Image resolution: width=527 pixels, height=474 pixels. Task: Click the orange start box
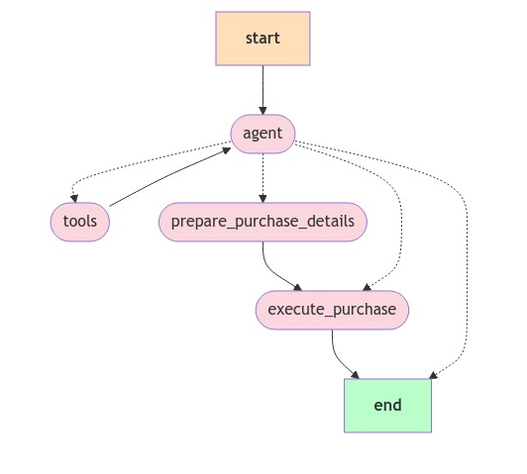pos(263,39)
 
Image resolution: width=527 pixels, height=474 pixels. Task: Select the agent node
pos(263,134)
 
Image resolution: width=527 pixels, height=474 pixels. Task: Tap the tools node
pos(80,222)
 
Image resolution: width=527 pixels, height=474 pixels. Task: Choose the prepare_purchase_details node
pos(263,222)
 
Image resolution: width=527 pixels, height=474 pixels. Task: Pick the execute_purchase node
pos(333,310)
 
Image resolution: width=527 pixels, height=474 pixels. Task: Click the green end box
pos(388,406)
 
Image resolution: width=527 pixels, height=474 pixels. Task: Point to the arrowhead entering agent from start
pos(263,111)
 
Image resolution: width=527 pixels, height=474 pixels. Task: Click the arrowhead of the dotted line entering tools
pos(74,199)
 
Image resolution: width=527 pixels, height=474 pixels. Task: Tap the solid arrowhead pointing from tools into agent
pos(227,150)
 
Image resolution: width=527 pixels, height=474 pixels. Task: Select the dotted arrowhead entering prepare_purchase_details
pos(263,199)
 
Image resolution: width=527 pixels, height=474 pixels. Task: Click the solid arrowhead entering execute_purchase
pos(298,288)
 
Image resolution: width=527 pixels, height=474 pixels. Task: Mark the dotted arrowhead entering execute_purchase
pos(367,287)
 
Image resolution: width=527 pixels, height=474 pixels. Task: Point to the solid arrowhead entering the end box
pos(356,375)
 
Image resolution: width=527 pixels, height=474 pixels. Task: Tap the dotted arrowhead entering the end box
pos(433,375)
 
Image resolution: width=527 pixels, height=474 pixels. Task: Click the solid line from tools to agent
pos(169,178)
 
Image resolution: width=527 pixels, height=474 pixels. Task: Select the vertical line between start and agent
pos(263,90)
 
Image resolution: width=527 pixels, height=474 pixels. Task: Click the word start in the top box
pos(263,39)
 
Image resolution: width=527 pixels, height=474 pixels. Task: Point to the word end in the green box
pos(388,406)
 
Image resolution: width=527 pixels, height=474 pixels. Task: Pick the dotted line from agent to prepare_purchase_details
pos(263,178)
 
